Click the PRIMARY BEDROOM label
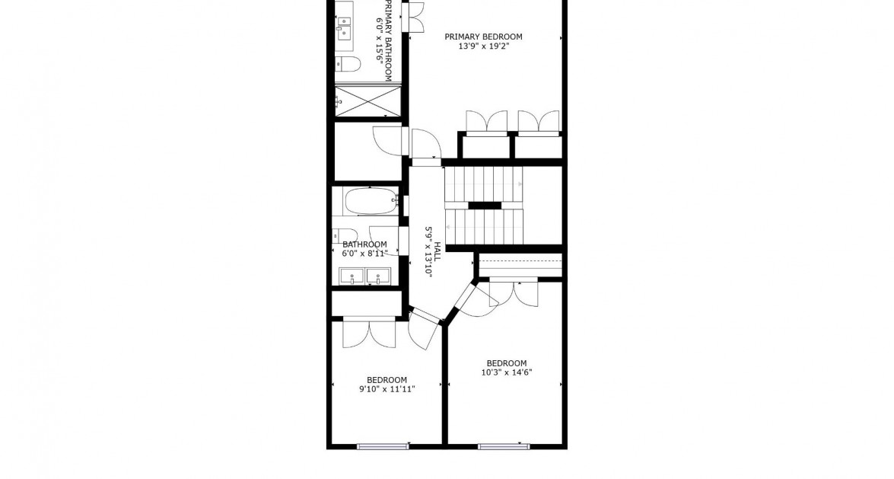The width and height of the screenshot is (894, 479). tap(483, 37)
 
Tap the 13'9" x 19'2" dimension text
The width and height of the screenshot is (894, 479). tap(483, 46)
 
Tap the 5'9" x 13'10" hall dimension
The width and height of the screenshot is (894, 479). tap(428, 253)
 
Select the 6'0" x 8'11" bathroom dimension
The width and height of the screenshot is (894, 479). tap(364, 253)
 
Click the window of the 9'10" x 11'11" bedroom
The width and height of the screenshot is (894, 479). tap(383, 446)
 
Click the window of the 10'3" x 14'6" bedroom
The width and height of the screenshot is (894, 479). tap(504, 446)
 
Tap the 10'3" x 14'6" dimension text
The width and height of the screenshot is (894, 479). tap(506, 372)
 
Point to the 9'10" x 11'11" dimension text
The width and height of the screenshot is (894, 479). tap(387, 389)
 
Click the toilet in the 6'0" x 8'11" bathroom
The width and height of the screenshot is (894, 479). tap(345, 235)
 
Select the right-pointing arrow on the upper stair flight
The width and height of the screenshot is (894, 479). tap(520, 184)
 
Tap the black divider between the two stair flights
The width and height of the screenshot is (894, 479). tap(485, 205)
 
